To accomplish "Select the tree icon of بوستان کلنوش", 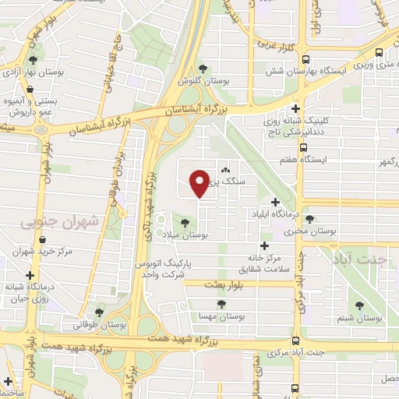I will coord(203,68).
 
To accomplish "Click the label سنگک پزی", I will coord(226,182).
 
